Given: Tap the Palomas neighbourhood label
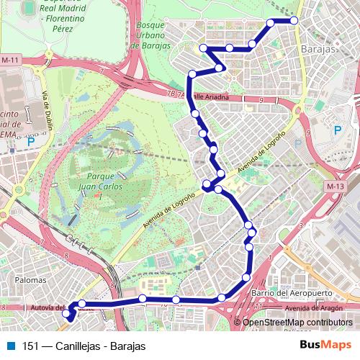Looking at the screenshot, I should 30,279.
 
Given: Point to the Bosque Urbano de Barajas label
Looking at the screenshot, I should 152,35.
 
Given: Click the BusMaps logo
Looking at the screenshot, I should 325,345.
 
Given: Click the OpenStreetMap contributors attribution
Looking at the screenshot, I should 297,322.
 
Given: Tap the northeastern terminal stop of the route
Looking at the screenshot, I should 294,21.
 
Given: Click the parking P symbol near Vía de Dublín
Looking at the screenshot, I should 30,143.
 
